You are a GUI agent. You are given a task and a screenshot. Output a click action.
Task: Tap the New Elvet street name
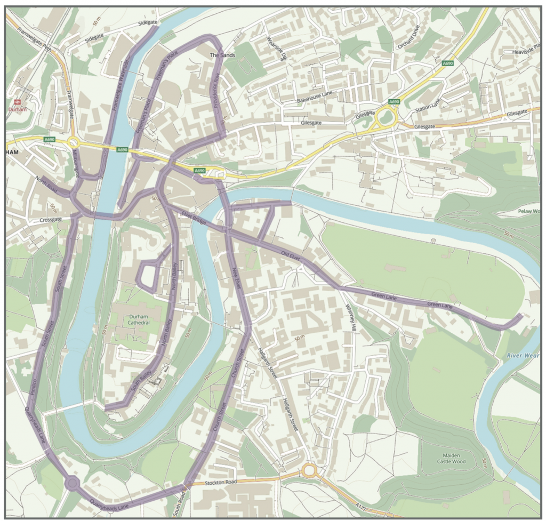coord(236,280)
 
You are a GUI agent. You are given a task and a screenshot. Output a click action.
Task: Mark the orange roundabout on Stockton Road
coord(309,470)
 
